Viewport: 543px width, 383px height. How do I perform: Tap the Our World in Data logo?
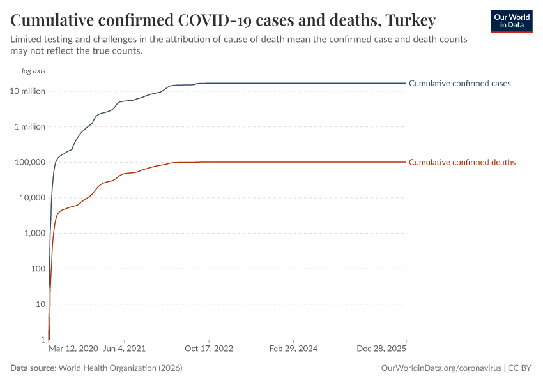click(x=512, y=21)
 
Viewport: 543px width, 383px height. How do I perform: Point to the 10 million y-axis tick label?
click(x=27, y=91)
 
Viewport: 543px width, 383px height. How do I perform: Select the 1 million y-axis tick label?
click(x=30, y=126)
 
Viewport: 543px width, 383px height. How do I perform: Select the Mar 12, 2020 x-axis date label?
click(x=73, y=349)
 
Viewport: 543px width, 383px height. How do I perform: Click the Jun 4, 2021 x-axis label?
click(x=125, y=349)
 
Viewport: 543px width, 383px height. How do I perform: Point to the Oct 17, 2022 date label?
click(x=209, y=349)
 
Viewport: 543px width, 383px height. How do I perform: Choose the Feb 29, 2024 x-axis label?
click(x=293, y=349)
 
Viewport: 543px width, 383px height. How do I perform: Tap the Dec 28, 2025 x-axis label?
click(x=381, y=349)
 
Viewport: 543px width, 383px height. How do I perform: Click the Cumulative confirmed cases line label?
click(x=459, y=84)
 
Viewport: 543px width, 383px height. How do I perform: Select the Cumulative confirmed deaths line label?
click(x=462, y=163)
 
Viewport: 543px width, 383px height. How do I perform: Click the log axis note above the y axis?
click(x=33, y=71)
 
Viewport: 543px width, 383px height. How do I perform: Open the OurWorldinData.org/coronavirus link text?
click(x=440, y=368)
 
